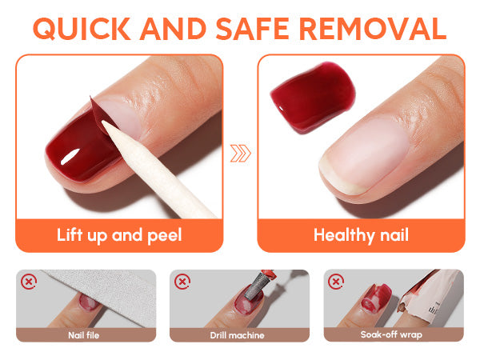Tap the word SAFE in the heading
pyautogui.click(x=252, y=29)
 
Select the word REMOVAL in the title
pyautogui.click(x=373, y=29)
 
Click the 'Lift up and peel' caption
pyautogui.click(x=119, y=235)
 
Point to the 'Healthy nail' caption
pyautogui.click(x=362, y=235)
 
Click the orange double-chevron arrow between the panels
pyautogui.click(x=241, y=153)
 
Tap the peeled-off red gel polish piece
pyautogui.click(x=313, y=96)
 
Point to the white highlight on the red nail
pyautogui.click(x=70, y=157)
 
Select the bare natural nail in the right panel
pyautogui.click(x=364, y=156)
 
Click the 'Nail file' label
pyautogui.click(x=83, y=335)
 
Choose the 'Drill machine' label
pyautogui.click(x=238, y=335)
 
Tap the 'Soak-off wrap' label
pyautogui.click(x=391, y=334)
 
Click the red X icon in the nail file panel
pyautogui.click(x=29, y=282)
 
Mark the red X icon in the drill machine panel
pyautogui.click(x=182, y=282)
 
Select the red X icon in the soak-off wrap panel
pyautogui.click(x=336, y=282)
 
